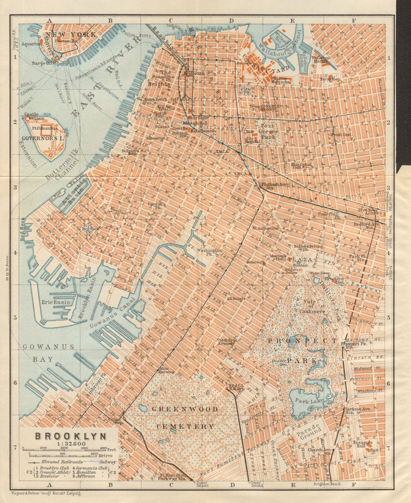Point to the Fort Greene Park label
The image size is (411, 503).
(x=267, y=128)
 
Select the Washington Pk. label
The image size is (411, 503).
(x=209, y=252)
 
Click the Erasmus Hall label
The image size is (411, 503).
(x=363, y=445)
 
